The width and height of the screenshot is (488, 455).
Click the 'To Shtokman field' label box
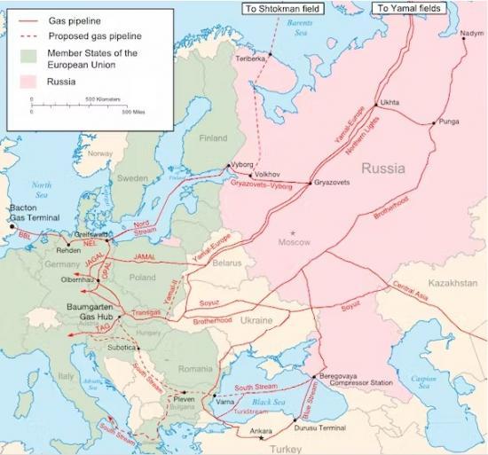pos(286,8)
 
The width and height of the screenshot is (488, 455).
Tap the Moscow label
pos(295,242)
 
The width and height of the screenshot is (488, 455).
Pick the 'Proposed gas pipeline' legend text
pos(84,35)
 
